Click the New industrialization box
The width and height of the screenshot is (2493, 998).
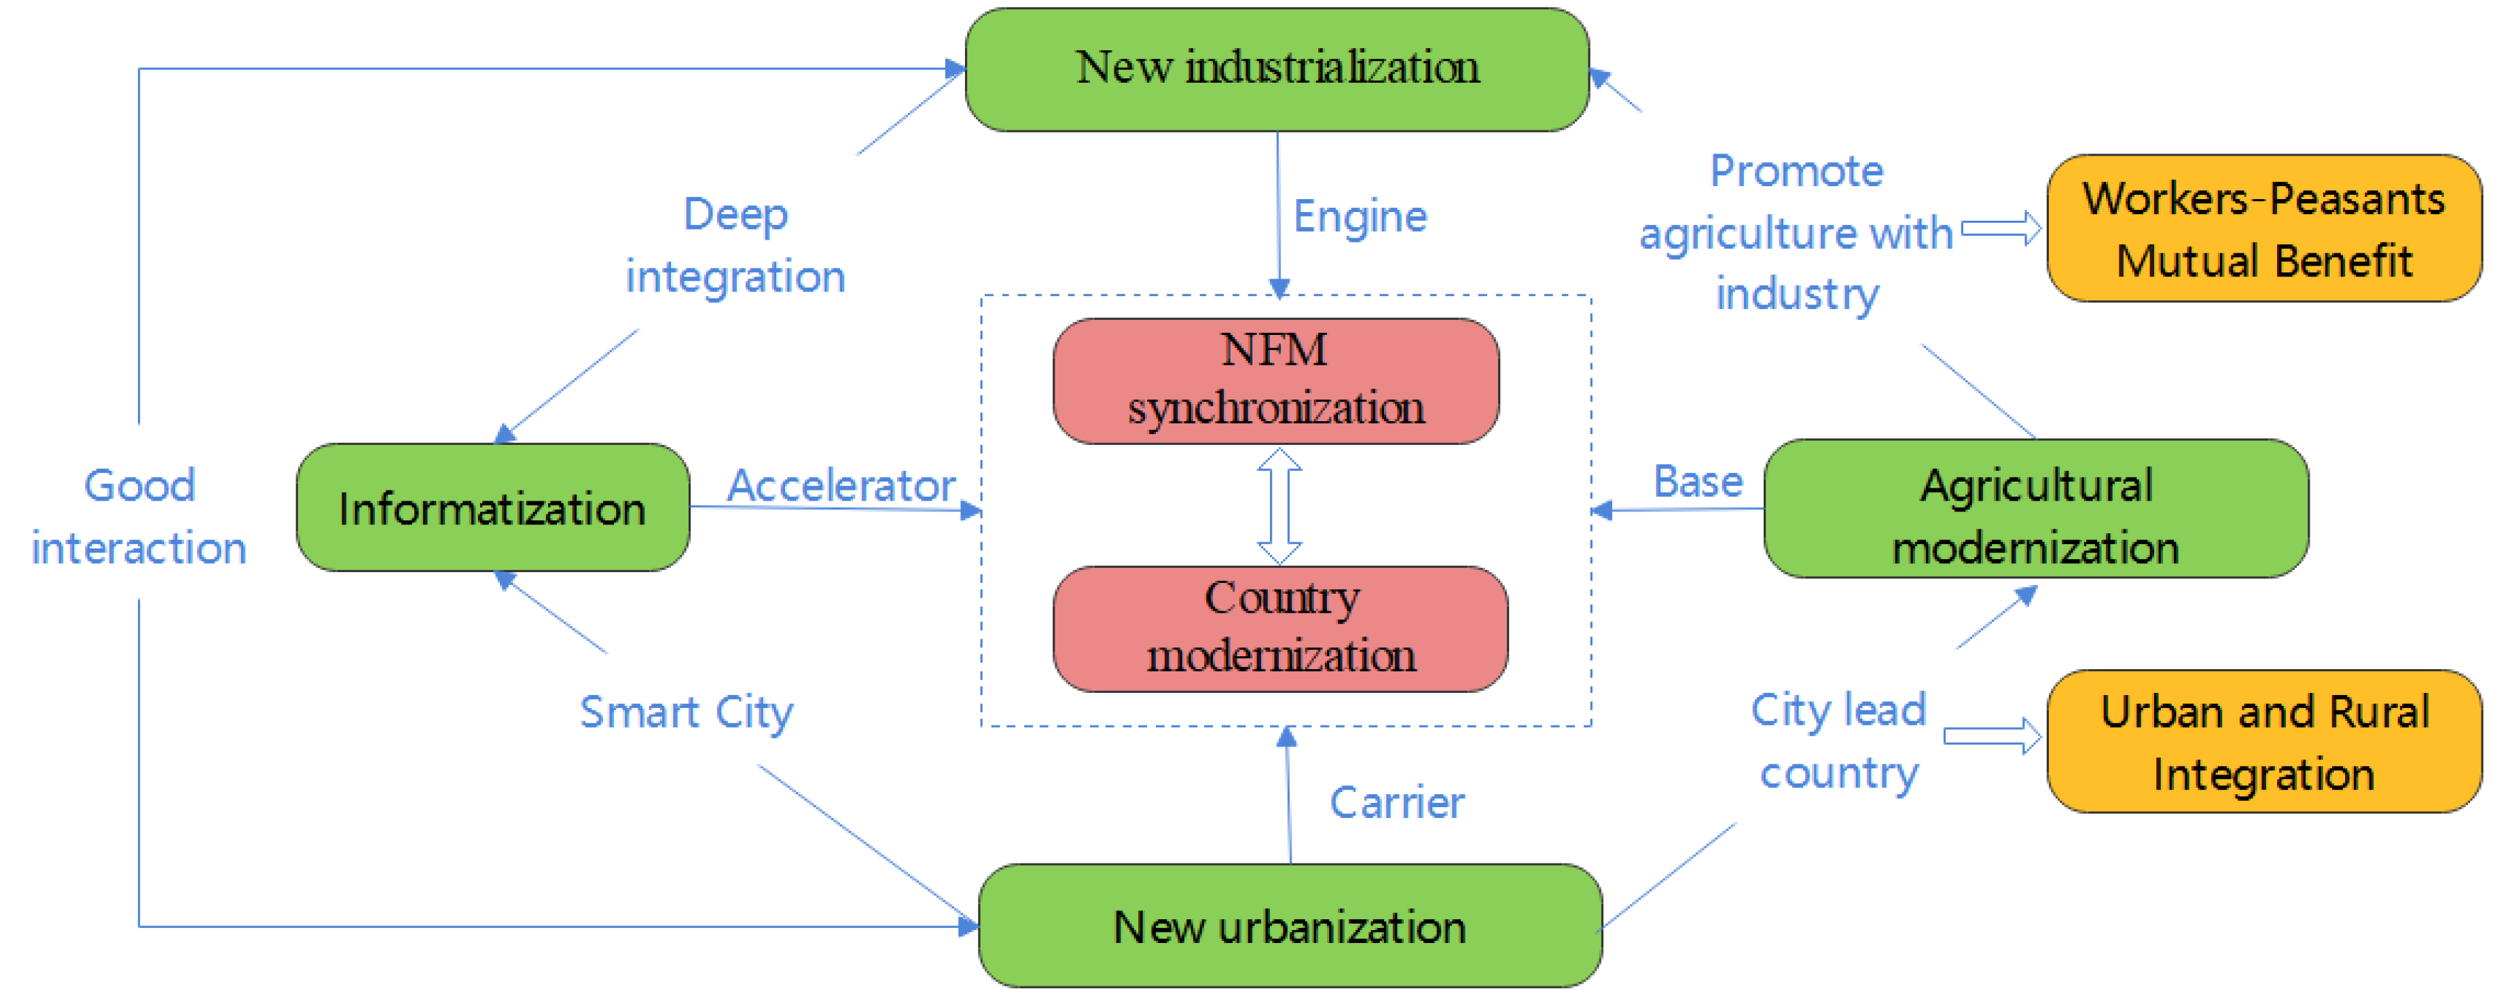1277,69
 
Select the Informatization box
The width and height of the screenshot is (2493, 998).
492,507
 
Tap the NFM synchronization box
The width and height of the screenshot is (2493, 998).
1275,380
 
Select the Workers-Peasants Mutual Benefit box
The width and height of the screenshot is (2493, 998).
2263,228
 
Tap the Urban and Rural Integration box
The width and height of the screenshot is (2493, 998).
2263,741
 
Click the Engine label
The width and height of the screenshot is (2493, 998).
1360,216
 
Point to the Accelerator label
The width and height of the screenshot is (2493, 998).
840,485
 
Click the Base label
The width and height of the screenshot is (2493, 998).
1698,481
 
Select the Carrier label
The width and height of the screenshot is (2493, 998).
1396,802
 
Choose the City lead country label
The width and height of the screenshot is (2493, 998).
1839,741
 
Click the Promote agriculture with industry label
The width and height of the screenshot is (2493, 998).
1796,232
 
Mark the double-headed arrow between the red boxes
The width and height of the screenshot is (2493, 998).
1279,505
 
